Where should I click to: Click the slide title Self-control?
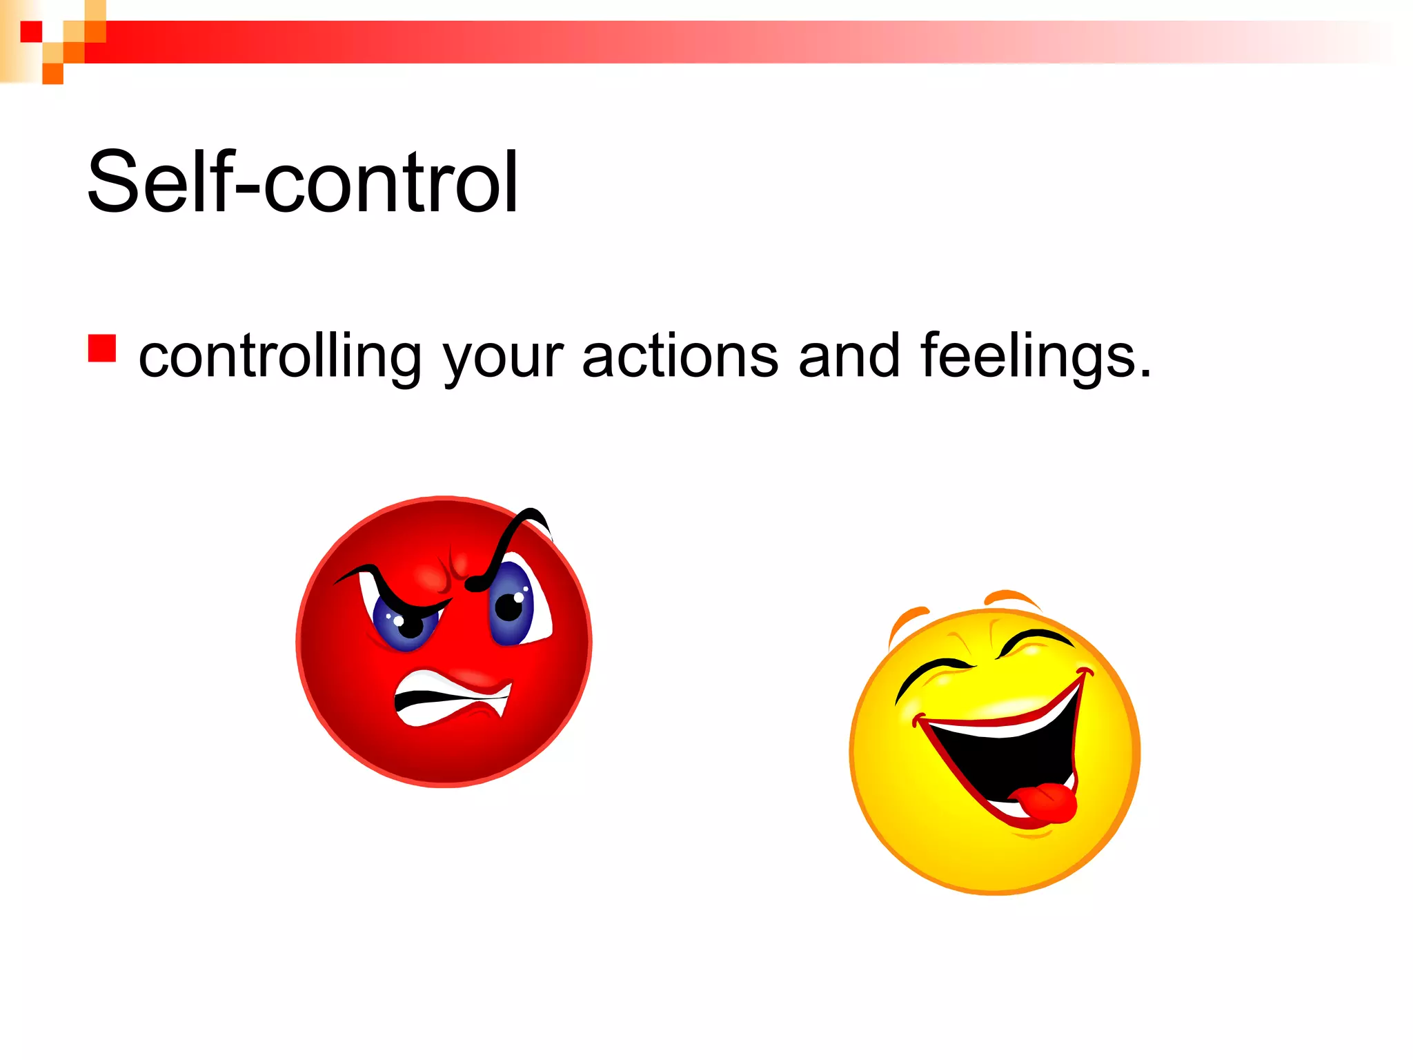point(302,181)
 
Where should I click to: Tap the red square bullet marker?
point(101,348)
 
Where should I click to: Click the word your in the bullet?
point(502,357)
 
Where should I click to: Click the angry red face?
point(444,642)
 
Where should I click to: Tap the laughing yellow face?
point(994,752)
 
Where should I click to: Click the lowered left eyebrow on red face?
point(386,587)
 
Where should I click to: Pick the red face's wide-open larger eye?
point(514,604)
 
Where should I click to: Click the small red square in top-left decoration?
point(31,32)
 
